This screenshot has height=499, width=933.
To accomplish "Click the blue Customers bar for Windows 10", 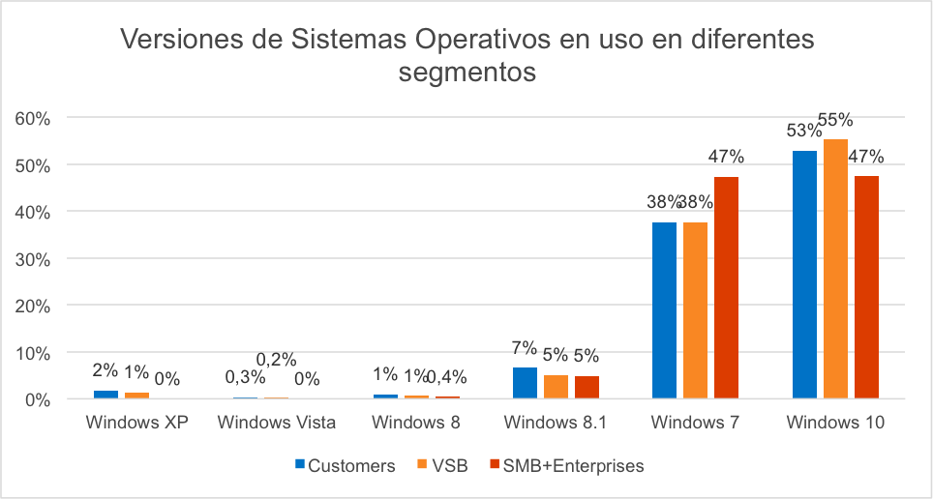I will click(804, 275).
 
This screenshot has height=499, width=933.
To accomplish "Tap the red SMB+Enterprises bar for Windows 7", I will click(726, 287).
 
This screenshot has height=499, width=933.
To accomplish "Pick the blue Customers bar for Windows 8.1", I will click(525, 383).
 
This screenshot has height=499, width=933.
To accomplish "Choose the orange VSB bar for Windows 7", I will click(695, 310).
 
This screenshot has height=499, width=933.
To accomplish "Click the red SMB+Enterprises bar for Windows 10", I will click(866, 287).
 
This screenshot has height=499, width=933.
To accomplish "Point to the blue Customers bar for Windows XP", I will click(105, 395).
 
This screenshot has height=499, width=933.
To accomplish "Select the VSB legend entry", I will click(442, 466).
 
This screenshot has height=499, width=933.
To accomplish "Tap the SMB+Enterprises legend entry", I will click(565, 466).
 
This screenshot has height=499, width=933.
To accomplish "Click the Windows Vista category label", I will click(277, 423).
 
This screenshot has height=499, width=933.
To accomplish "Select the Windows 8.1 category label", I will click(556, 423).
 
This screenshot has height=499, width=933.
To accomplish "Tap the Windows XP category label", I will click(136, 423).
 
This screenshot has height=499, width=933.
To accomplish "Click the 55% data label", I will click(835, 121).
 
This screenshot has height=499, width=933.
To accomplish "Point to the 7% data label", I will click(524, 348).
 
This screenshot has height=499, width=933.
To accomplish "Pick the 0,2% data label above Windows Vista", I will click(276, 360).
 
